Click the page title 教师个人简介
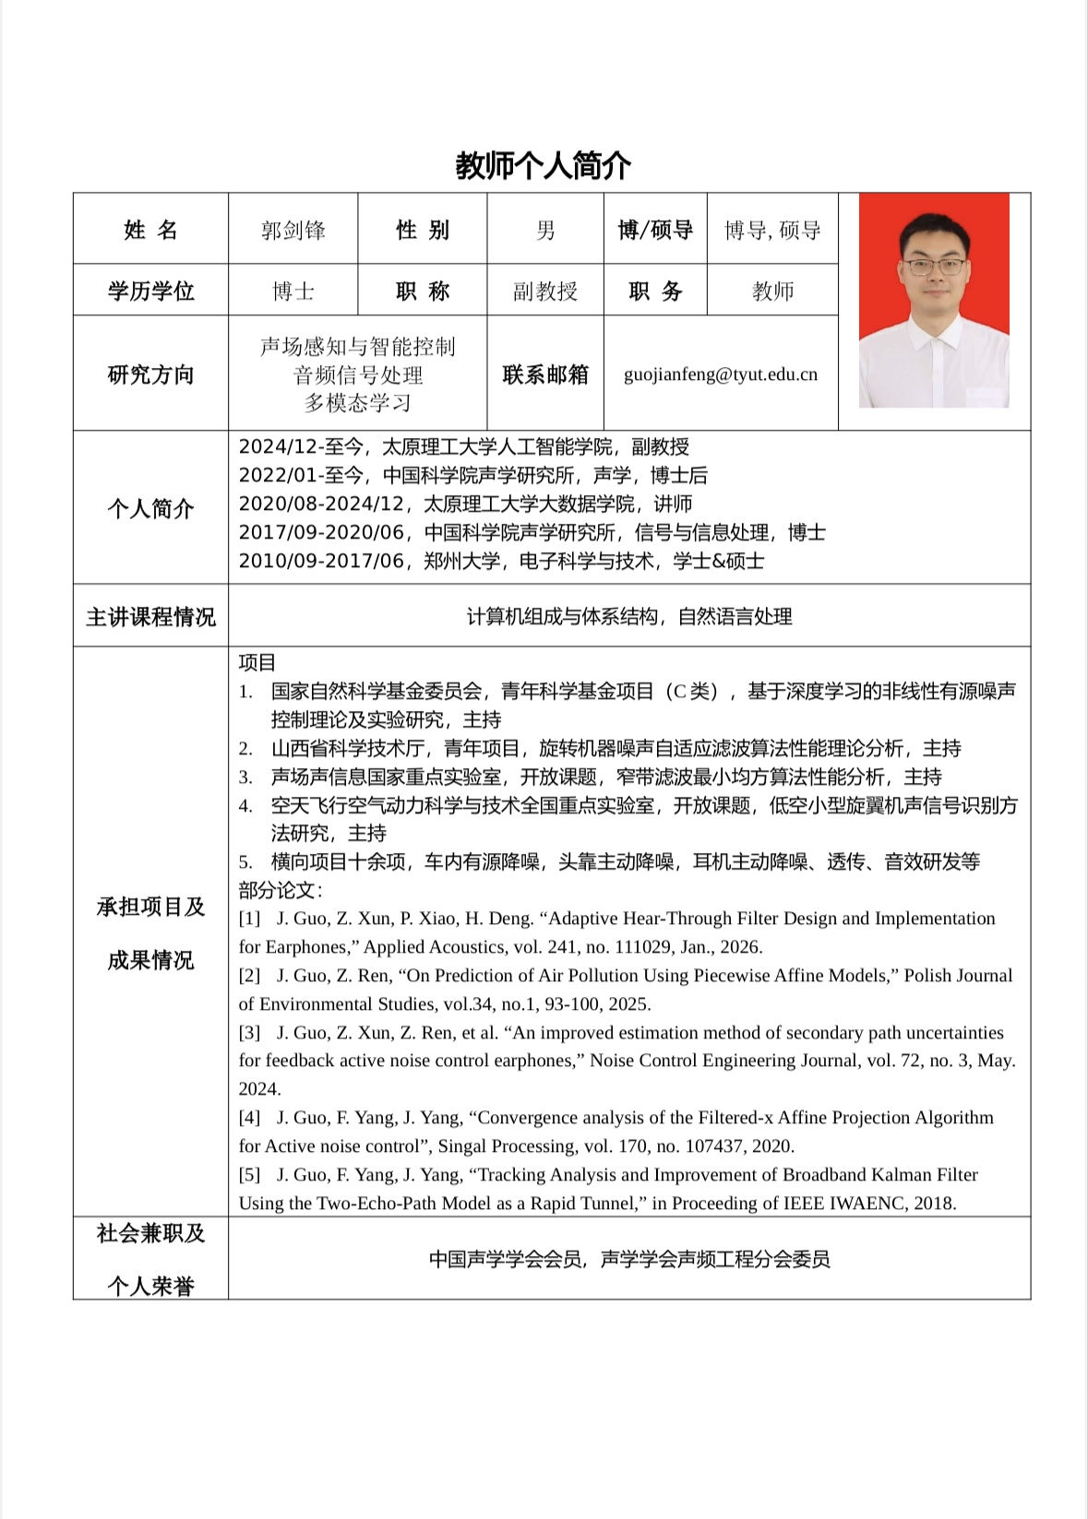[543, 166]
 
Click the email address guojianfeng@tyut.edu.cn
[721, 374]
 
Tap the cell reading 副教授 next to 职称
[545, 291]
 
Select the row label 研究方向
[150, 374]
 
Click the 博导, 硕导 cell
[772, 231]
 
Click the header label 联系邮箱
[545, 374]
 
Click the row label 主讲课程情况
[150, 617]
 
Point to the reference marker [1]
[249, 919]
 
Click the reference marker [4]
[249, 1118]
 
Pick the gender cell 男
[545, 231]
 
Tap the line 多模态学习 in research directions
[358, 403]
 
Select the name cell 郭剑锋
[293, 231]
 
